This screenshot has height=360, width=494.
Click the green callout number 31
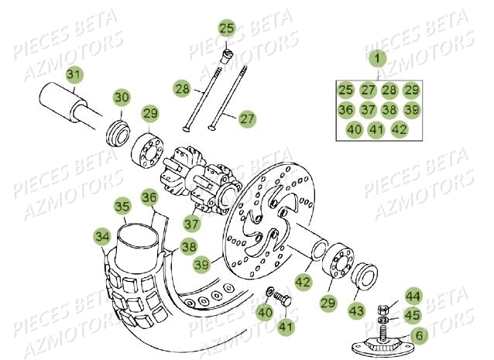tap(73, 75)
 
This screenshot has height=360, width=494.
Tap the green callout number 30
tap(122, 98)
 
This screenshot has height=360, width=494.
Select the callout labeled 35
tap(122, 207)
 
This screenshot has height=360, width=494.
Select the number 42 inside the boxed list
tap(399, 129)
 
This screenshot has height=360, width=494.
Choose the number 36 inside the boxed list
tap(345, 110)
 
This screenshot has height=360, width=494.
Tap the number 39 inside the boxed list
tap(411, 110)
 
